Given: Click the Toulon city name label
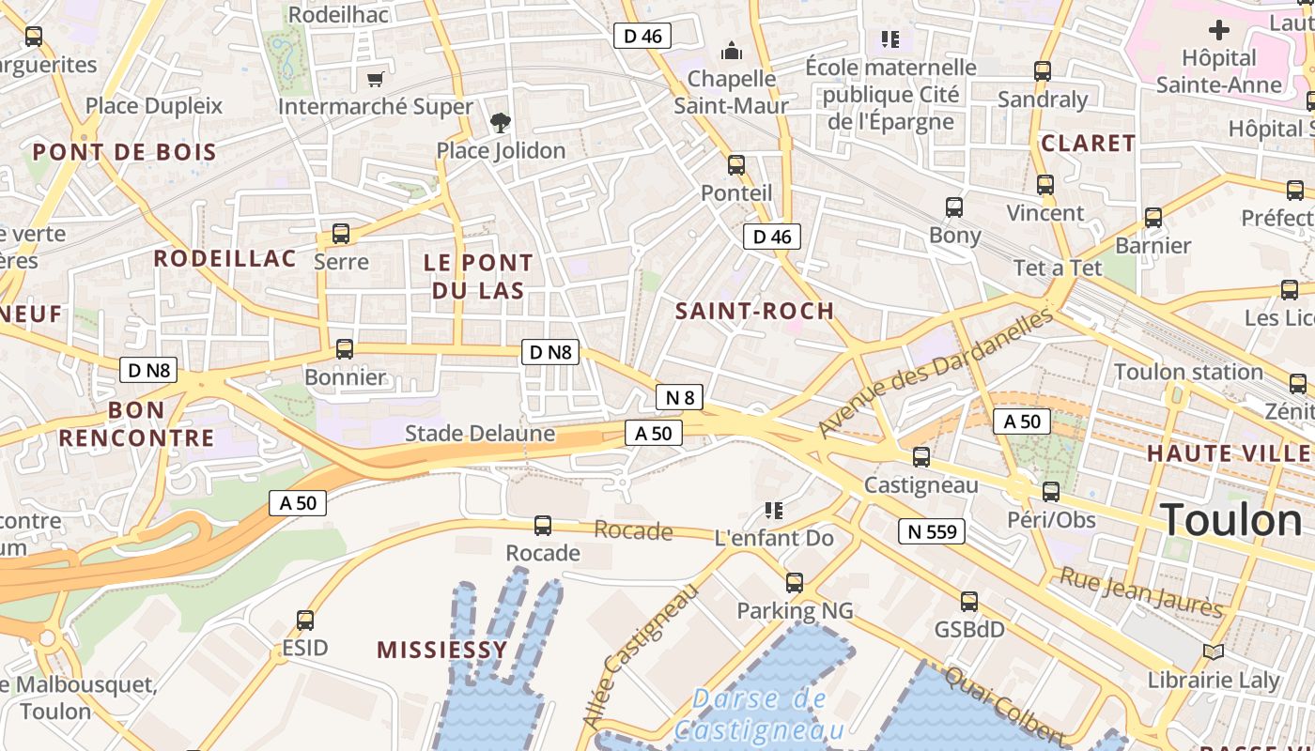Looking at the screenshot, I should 1230,520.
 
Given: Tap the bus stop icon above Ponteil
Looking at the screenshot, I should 736,165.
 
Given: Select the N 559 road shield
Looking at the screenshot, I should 932,532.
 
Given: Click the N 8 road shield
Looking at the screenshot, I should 679,397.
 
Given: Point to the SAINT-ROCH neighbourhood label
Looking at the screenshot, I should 754,311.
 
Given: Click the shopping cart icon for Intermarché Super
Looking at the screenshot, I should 375,79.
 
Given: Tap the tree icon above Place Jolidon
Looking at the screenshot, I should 501,121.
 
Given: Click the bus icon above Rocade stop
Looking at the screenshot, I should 543,525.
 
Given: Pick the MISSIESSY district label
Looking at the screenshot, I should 441,649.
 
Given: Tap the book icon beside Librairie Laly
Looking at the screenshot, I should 1214,651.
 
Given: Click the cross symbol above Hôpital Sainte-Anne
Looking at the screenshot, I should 1218,30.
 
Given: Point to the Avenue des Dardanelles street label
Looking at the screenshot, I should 936,374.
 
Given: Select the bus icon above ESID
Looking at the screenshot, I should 305,620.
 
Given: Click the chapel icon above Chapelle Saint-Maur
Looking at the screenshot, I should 731,50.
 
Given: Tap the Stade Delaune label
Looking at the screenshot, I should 479,434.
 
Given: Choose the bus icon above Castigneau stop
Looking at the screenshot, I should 921,457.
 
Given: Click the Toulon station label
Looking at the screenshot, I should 1188,372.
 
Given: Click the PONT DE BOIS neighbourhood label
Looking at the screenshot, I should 124,152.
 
